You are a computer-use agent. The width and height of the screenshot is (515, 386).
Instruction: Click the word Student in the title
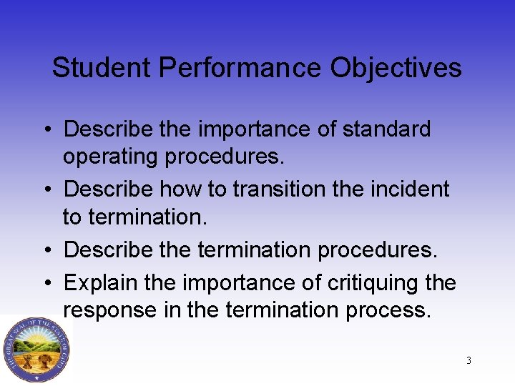coord(102,69)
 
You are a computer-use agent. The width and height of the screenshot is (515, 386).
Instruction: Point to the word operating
coord(110,157)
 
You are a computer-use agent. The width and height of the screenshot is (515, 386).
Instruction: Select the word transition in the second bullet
coord(266,189)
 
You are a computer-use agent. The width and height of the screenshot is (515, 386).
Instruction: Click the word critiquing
coord(363,283)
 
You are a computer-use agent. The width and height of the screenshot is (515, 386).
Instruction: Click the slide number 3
coord(469,360)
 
